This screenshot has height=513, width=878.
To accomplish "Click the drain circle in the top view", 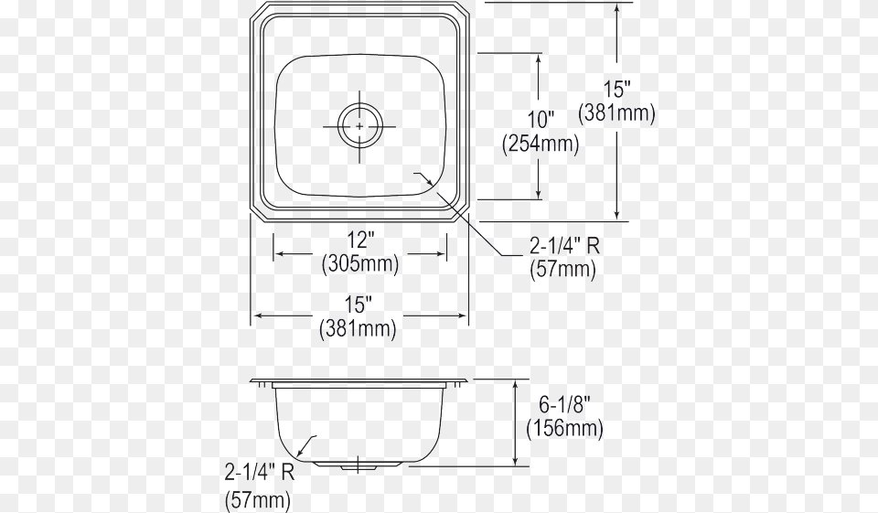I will (x=359, y=124).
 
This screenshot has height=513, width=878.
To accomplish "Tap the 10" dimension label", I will (x=540, y=120).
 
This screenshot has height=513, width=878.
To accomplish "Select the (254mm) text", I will (x=540, y=144).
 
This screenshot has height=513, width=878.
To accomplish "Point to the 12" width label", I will (x=360, y=240).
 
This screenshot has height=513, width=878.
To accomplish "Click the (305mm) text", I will (x=360, y=264).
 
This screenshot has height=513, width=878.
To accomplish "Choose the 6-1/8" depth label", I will (x=564, y=403).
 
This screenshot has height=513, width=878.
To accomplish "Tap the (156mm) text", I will (x=564, y=428).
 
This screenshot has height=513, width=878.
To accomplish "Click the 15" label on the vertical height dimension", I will (x=617, y=90).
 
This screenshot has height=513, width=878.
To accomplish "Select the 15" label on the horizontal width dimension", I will (x=359, y=305).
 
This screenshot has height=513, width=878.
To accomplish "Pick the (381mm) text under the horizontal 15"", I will (x=359, y=328).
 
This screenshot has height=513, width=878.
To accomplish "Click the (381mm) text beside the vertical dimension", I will (x=617, y=113).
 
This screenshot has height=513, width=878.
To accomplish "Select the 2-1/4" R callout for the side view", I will (x=259, y=473).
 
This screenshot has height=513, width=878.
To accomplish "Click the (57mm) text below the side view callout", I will (x=258, y=499).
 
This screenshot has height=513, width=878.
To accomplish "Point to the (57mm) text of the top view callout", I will (x=563, y=270).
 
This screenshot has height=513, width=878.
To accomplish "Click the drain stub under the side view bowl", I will (x=359, y=466).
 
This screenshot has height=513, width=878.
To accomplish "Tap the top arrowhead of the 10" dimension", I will (x=540, y=58).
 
